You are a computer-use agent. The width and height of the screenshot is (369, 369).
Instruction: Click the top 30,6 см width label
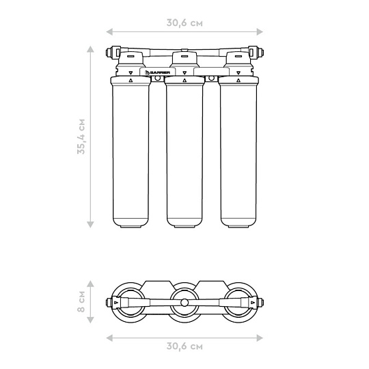184,23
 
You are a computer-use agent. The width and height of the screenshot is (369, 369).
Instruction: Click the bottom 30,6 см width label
184,346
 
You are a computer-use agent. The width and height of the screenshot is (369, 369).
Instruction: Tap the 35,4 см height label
81,137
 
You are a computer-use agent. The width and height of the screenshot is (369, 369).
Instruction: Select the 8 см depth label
81,302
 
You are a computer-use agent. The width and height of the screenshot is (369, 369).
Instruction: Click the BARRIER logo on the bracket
157,72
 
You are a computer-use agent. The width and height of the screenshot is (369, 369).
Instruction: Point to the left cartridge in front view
131,152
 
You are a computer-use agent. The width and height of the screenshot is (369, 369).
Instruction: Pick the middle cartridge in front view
184,152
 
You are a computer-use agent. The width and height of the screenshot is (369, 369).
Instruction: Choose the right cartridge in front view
238,152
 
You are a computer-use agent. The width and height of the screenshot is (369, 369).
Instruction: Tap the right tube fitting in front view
256,52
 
